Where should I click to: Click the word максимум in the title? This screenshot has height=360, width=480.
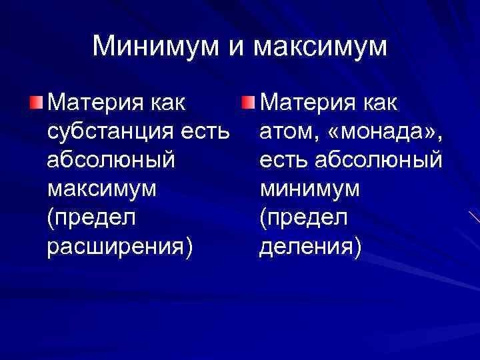coord(321,46)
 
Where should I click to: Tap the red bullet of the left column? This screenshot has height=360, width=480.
coord(39,103)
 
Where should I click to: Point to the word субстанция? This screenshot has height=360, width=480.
coord(112,131)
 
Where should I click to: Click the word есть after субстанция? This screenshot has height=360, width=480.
coord(206,131)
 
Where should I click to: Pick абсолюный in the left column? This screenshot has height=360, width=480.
coord(111,161)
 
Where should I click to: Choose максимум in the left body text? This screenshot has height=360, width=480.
coord(103,189)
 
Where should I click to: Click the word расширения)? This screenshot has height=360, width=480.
coord(120,247)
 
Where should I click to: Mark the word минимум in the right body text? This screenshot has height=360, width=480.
coord(310,189)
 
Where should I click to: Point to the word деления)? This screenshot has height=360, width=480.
coord(311,247)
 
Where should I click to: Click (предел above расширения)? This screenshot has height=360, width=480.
coord(92,218)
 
